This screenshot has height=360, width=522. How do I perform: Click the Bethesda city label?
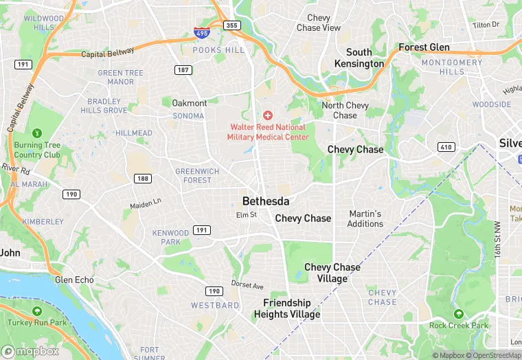coord(266,201)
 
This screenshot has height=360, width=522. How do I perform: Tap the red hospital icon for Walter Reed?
coord(268,115)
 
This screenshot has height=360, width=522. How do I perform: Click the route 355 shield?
coord(232,25)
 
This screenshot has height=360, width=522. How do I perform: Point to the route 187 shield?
coord(183,70)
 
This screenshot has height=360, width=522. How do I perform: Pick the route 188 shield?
coord(143,179)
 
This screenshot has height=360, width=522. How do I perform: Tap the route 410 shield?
coord(446,147)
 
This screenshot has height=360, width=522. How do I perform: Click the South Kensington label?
coord(359,58)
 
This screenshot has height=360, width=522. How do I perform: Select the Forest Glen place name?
coord(424,47)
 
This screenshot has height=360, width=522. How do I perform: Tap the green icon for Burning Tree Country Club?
coord(37,133)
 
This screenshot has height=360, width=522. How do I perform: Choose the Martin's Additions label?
coord(365,218)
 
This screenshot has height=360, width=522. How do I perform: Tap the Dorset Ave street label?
coord(247,286)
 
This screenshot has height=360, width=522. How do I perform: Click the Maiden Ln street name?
coord(145,203)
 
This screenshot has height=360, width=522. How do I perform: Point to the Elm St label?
coord(246,215)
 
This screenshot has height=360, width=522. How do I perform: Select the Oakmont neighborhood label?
coord(189,103)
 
